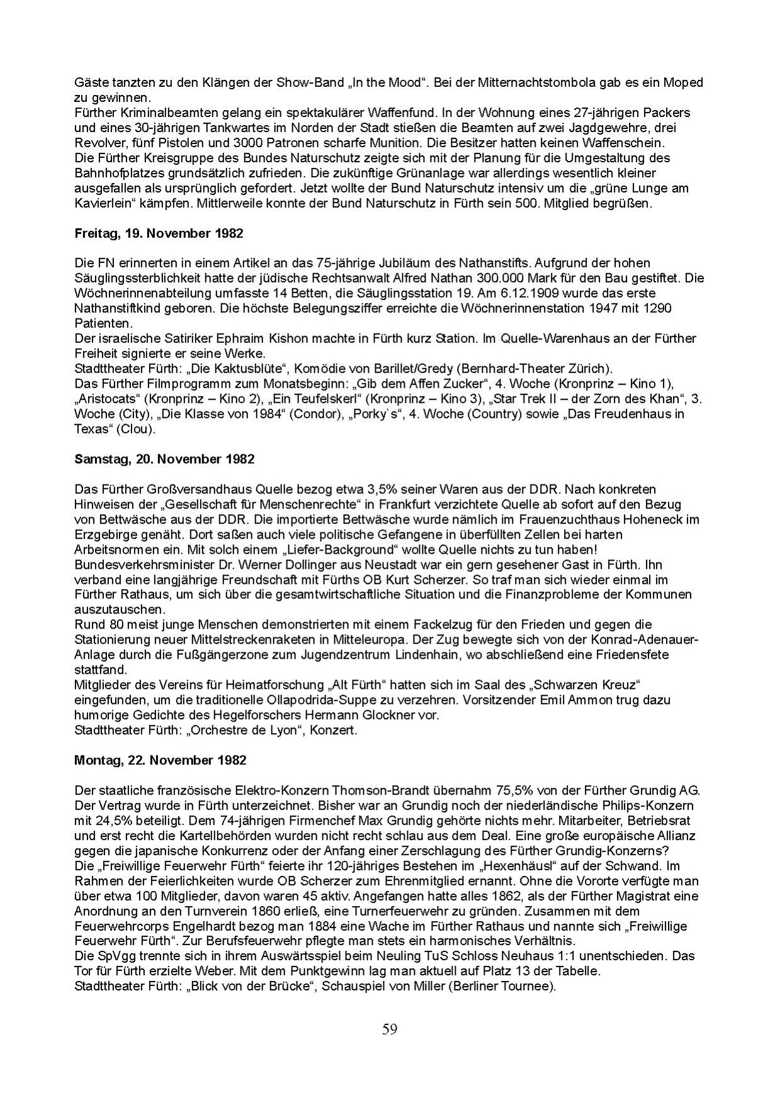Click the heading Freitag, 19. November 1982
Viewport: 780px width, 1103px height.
(x=159, y=233)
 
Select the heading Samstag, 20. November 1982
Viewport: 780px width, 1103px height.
(x=164, y=459)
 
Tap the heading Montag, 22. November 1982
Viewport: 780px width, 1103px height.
(x=160, y=761)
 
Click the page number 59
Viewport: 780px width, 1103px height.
(x=390, y=1029)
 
